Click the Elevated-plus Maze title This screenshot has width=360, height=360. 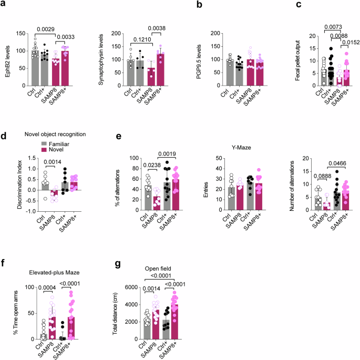coord(48,273)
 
